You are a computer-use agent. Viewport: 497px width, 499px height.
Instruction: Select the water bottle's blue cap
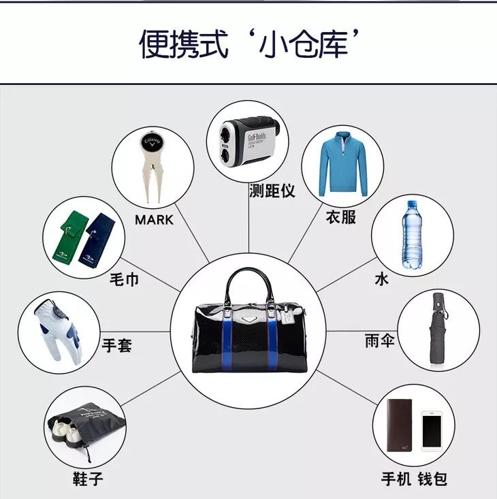pyautogui.click(x=412, y=204)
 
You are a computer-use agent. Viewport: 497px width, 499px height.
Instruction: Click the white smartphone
pyautogui.click(x=432, y=431)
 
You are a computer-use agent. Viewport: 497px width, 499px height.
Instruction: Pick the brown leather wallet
pyautogui.click(x=400, y=425)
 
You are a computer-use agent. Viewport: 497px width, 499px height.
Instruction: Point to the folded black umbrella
pyautogui.click(x=438, y=328)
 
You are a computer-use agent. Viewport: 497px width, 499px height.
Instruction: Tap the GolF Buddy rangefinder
pyautogui.click(x=248, y=141)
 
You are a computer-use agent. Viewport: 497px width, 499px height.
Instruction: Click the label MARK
pyautogui.click(x=155, y=220)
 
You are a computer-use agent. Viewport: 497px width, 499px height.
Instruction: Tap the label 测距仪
pyautogui.click(x=272, y=191)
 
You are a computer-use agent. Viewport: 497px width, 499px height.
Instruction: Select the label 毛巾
pyautogui.click(x=125, y=279)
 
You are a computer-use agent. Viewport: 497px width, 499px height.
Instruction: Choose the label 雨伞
pyautogui.click(x=380, y=340)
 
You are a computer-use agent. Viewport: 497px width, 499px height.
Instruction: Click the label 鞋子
pyautogui.click(x=88, y=479)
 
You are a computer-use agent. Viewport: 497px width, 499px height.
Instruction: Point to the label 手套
pyautogui.click(x=117, y=345)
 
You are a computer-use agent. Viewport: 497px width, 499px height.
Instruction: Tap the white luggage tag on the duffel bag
pyautogui.click(x=287, y=317)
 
